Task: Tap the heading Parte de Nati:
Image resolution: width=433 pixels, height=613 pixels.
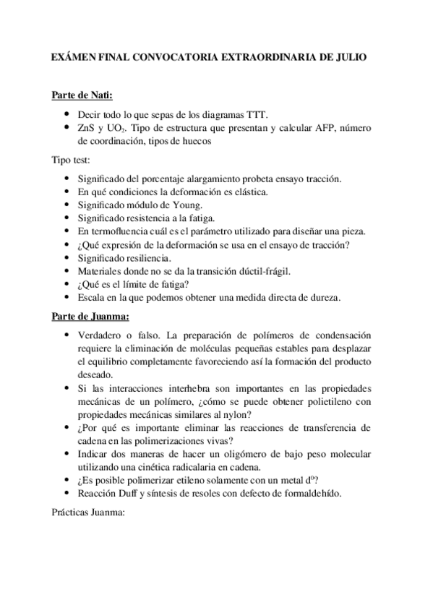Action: (x=82, y=95)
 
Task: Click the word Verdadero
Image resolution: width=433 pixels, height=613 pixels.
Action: (x=100, y=335)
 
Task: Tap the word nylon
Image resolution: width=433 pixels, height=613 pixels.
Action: (x=236, y=414)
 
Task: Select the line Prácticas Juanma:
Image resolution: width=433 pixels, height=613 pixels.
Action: (x=89, y=513)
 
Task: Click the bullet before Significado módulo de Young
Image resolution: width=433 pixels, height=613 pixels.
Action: (x=67, y=205)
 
